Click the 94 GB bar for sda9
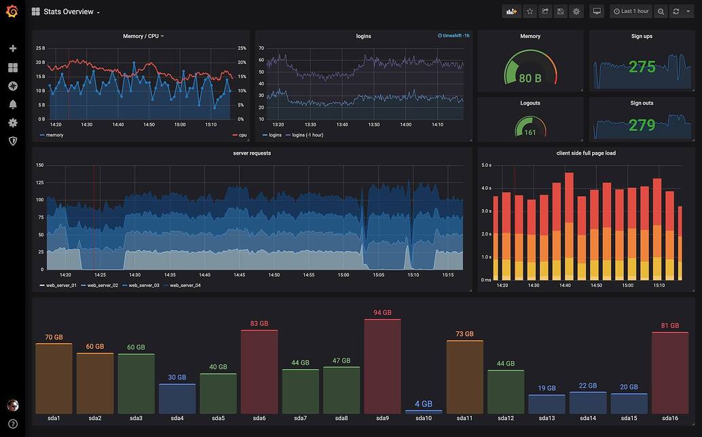[382, 366]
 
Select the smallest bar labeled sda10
[424, 411]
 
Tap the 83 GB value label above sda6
[259, 324]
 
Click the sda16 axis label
[669, 418]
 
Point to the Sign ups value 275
[642, 67]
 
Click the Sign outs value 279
[642, 125]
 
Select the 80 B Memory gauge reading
[530, 78]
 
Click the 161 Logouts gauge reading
[530, 132]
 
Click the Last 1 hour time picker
[631, 12]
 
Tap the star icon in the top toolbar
[530, 12]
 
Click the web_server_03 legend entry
[143, 286]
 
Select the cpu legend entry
[242, 135]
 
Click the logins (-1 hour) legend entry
[307, 135]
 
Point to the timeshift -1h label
[454, 36]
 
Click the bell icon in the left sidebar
[12, 104]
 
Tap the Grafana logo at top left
[12, 12]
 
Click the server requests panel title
[252, 153]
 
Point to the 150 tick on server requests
[39, 165]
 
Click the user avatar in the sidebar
[12, 405]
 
